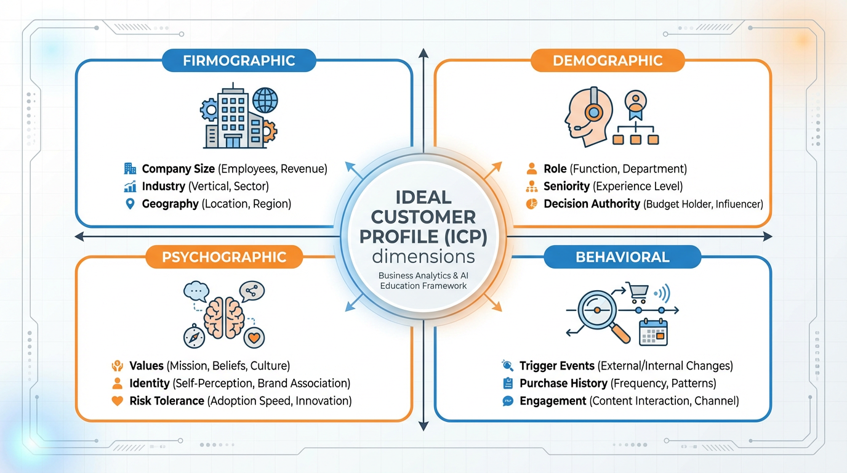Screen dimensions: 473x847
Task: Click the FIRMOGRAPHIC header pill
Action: click(239, 61)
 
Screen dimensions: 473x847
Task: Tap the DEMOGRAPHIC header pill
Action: click(607, 61)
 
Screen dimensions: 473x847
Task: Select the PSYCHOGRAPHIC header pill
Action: click(224, 257)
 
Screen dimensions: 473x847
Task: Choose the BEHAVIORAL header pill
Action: click(622, 257)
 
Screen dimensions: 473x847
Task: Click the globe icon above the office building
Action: click(265, 100)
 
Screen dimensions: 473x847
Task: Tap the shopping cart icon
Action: click(636, 293)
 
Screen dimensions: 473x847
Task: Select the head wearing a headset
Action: click(584, 115)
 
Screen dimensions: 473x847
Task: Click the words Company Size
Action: click(178, 169)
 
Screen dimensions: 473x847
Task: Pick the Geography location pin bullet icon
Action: click(130, 204)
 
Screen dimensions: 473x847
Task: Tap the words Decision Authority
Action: click(592, 204)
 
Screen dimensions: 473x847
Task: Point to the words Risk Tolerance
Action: click(166, 401)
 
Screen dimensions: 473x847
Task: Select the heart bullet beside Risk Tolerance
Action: click(117, 401)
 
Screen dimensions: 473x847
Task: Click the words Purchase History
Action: click(563, 383)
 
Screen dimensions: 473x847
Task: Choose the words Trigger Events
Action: click(556, 366)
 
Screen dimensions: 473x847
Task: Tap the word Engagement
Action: click(553, 401)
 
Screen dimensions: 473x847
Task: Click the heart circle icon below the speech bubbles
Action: click(255, 337)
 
